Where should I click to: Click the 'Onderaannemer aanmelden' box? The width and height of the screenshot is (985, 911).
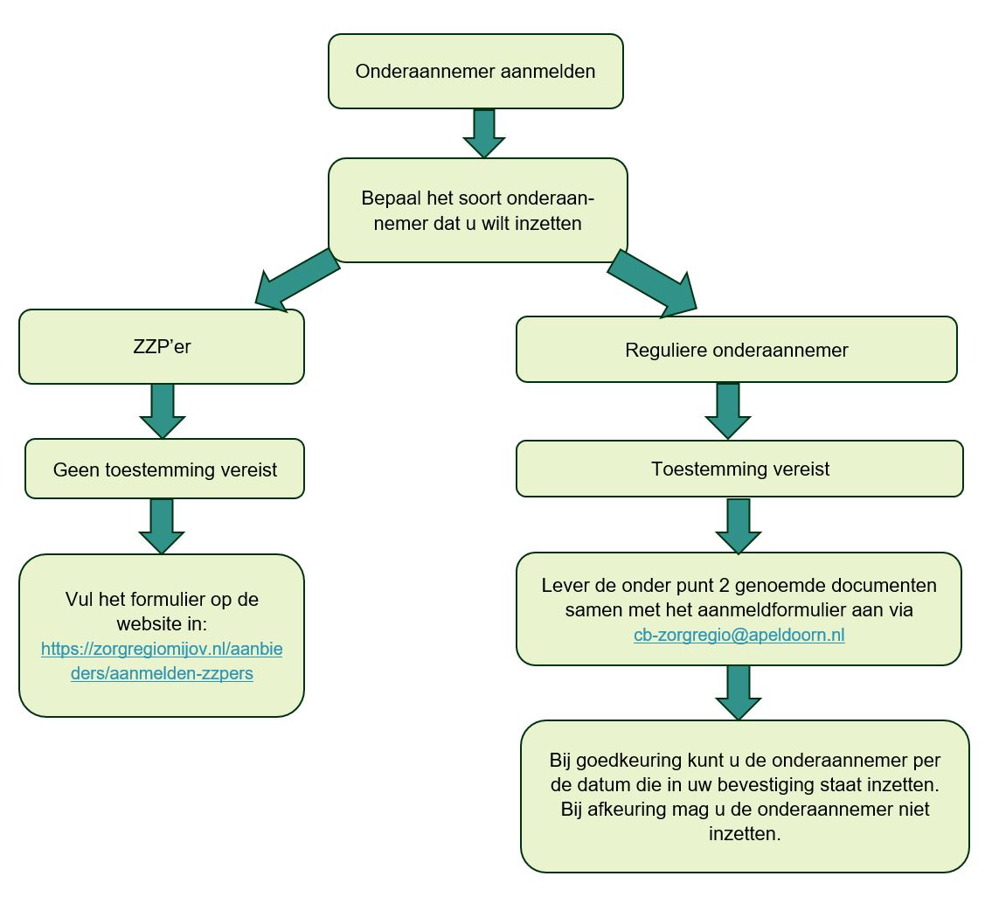[475, 72]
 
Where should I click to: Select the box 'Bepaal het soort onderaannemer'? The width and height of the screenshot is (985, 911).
[477, 210]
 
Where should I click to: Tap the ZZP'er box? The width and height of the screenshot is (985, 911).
[161, 346]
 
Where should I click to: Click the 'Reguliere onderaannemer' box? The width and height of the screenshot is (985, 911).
[736, 350]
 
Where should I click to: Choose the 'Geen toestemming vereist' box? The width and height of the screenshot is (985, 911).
[164, 469]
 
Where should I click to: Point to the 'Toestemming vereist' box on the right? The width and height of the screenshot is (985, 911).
[739, 469]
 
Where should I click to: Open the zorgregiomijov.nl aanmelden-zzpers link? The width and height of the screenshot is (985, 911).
[162, 662]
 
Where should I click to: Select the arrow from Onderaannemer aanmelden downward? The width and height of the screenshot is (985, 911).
[483, 132]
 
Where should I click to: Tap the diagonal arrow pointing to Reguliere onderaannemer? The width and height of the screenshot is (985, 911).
[653, 283]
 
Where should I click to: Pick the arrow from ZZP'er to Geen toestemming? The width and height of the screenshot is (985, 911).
[162, 410]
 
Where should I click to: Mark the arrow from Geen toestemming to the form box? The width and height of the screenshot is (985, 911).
[162, 525]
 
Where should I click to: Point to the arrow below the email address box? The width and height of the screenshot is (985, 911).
[739, 692]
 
